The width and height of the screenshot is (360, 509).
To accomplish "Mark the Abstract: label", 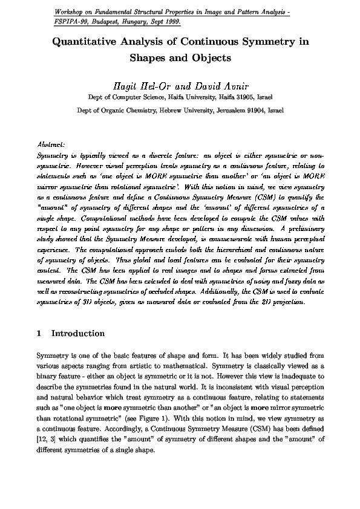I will pyautogui.click(x=51, y=146).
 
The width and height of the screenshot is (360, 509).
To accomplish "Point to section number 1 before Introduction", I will pyautogui.click(x=39, y=333).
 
